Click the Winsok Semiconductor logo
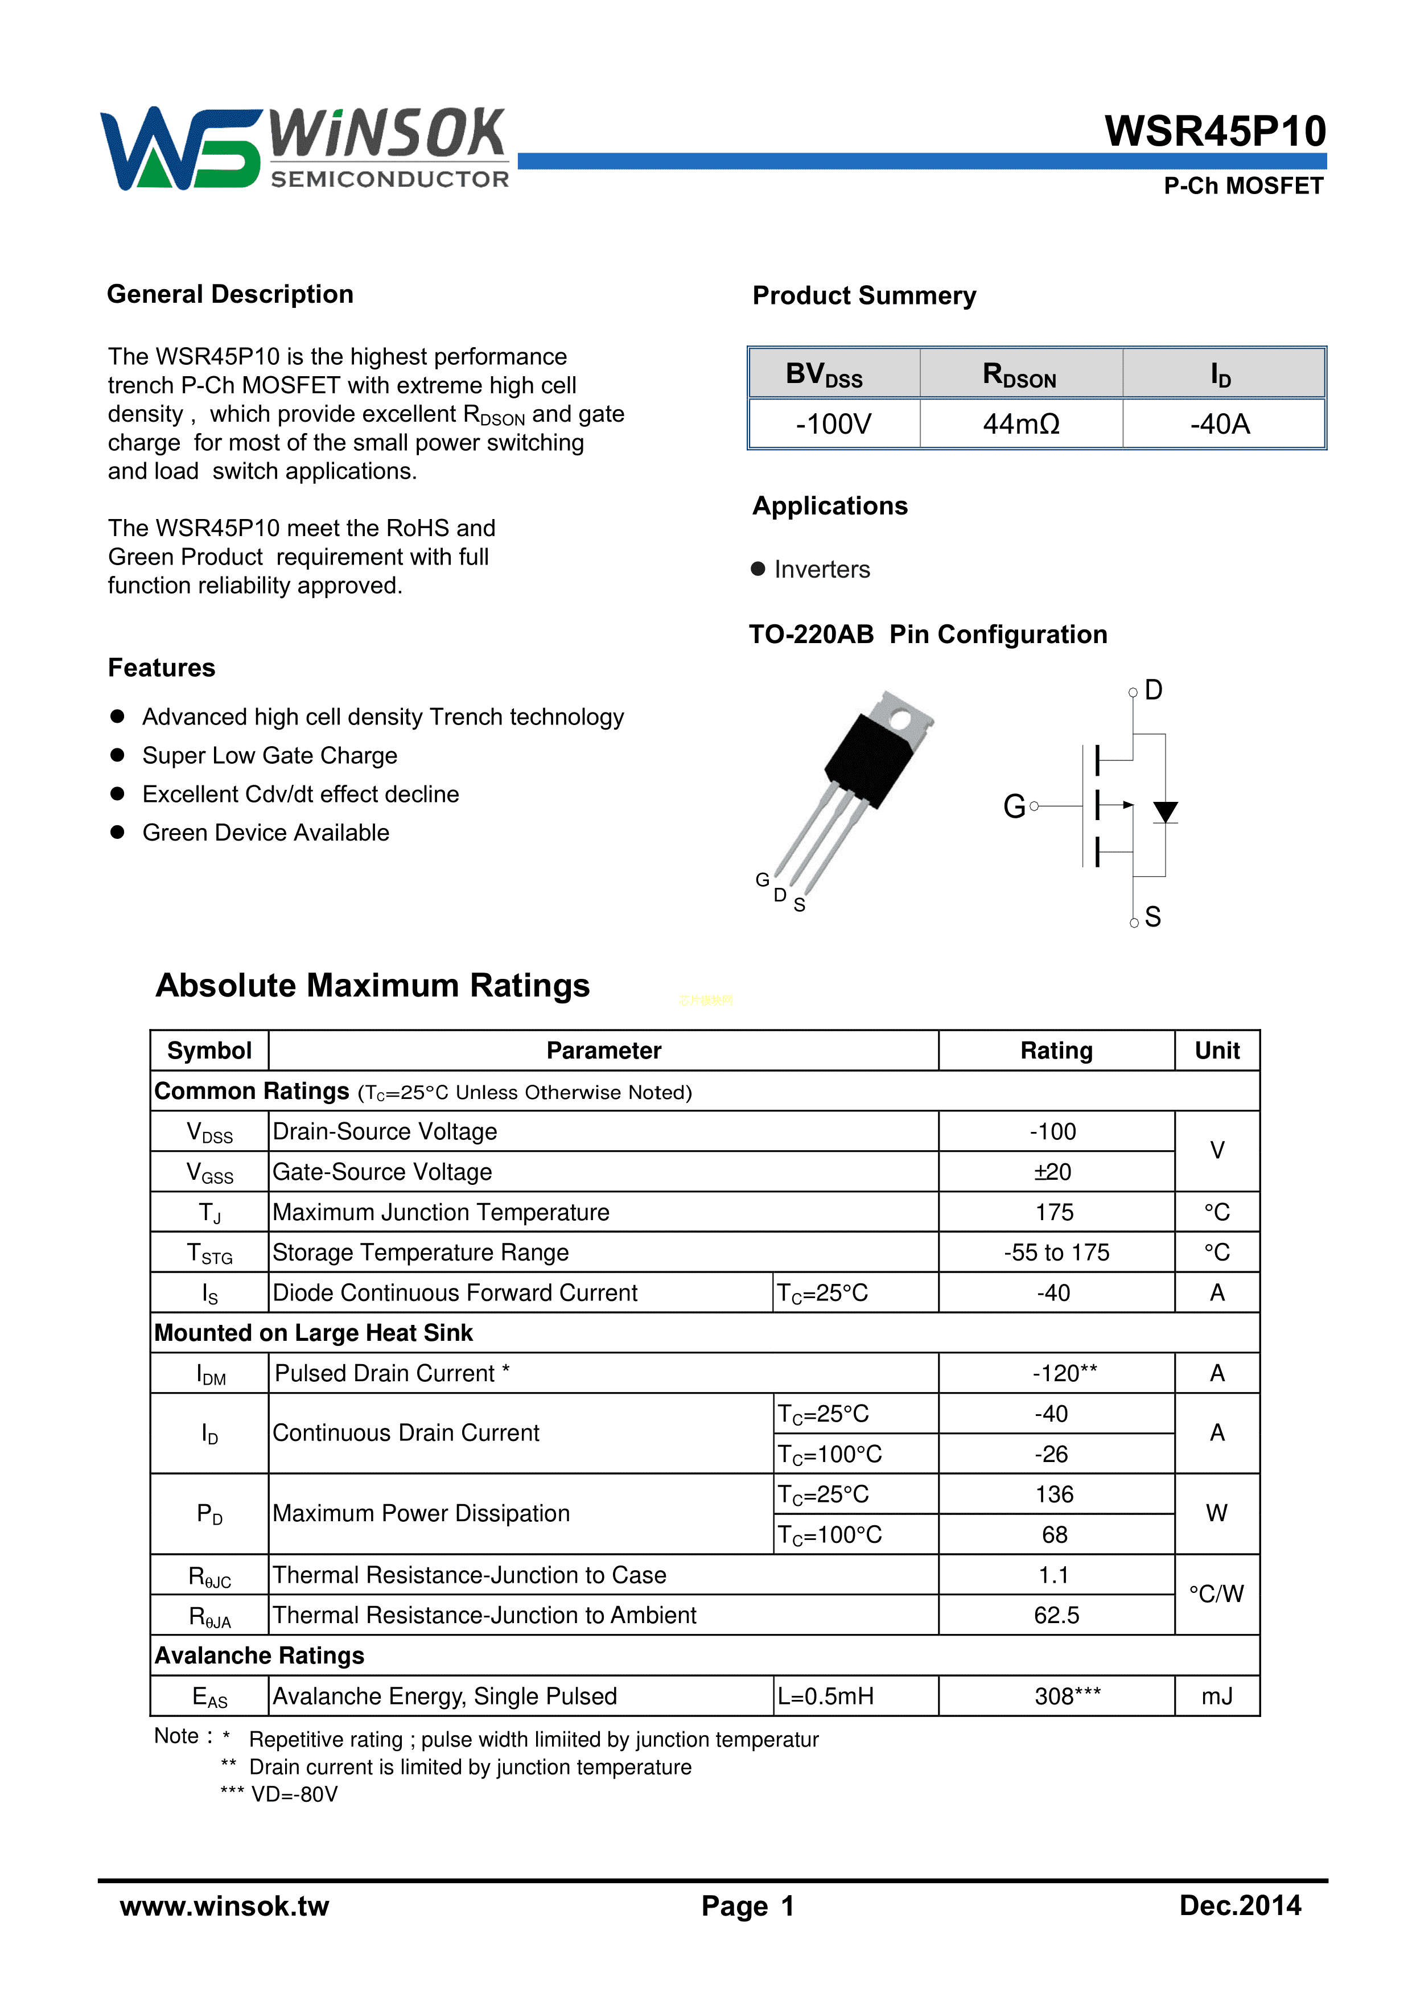[x=304, y=148]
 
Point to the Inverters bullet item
[x=821, y=570]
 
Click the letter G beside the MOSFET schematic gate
[x=1014, y=806]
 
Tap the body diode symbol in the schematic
[x=1165, y=812]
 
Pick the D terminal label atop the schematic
[x=1154, y=690]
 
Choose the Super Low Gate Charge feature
[x=270, y=756]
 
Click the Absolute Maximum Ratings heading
[x=372, y=986]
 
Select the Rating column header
[x=1056, y=1051]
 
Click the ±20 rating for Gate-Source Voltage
[x=1053, y=1172]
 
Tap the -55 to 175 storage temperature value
[x=1056, y=1253]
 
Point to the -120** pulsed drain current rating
[x=1064, y=1373]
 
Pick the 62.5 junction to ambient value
[x=1056, y=1615]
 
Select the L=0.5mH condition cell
[x=826, y=1696]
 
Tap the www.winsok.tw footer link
[x=224, y=1906]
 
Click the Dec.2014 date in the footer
[x=1240, y=1906]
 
